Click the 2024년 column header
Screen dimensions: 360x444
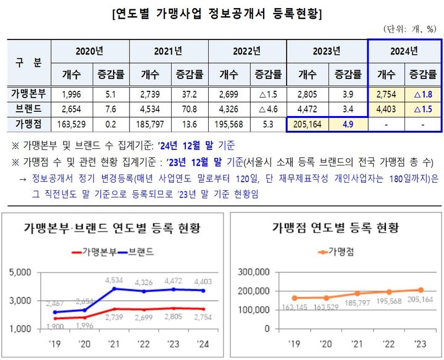pos(404,50)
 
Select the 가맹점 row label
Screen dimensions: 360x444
pos(29,124)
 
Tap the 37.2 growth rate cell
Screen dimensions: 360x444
pos(189,94)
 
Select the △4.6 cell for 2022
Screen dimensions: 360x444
pos(267,109)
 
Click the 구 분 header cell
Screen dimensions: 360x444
pos(29,62)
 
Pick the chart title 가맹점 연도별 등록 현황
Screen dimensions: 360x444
pos(335,228)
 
